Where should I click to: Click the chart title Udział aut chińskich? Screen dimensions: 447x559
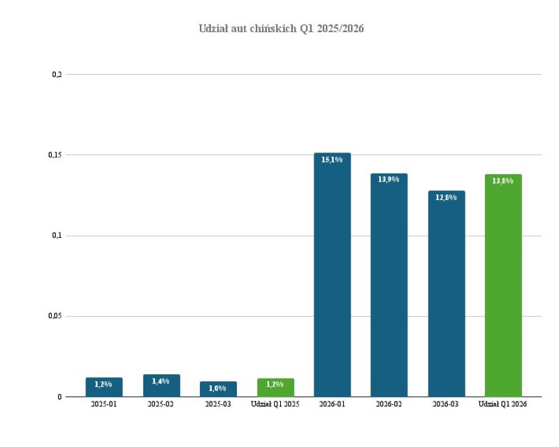(x=282, y=29)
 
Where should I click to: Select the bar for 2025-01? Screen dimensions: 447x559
(x=104, y=388)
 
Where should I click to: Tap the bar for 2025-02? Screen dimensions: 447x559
(x=161, y=386)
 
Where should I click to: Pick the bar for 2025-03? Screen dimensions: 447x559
(x=218, y=390)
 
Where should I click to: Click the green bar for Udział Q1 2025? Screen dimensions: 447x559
(x=275, y=388)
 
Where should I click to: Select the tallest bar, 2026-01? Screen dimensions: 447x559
(x=332, y=280)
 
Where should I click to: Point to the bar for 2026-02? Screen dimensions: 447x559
(x=389, y=287)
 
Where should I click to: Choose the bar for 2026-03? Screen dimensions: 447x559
(x=447, y=294)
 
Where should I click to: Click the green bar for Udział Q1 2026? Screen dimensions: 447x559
(x=503, y=287)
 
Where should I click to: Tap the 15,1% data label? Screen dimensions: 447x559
(x=332, y=160)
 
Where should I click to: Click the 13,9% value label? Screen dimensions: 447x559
(x=389, y=180)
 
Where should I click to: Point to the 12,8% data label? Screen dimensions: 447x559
(x=447, y=198)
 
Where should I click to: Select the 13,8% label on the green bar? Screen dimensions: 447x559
(x=503, y=181)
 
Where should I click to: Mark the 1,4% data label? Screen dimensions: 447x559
(x=161, y=381)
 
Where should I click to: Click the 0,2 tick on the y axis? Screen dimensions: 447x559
(x=57, y=74)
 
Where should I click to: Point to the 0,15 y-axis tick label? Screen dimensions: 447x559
(x=56, y=155)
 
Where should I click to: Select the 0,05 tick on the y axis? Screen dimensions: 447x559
(x=56, y=316)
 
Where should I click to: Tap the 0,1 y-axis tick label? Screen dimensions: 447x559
(x=57, y=236)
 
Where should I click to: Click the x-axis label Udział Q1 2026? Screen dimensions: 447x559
(x=503, y=404)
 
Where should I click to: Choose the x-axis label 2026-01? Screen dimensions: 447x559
(x=332, y=404)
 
